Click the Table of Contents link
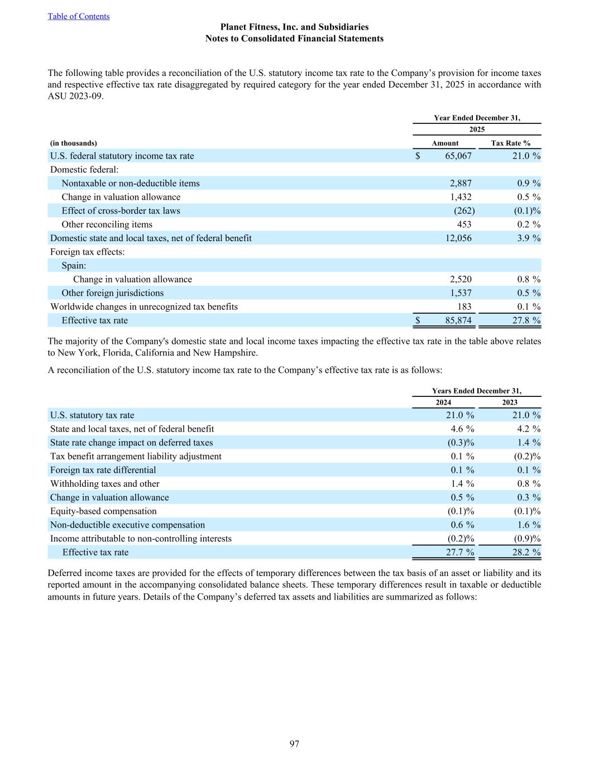[79, 16]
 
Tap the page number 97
[294, 744]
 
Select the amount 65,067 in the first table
[458, 156]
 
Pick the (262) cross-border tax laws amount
[464, 210]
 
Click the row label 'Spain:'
[74, 265]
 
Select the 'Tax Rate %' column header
[510, 143]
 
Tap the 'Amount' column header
[445, 143]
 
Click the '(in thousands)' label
[73, 143]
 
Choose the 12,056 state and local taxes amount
[458, 238]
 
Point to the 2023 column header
[509, 402]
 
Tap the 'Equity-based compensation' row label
[103, 511]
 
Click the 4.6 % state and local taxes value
[462, 429]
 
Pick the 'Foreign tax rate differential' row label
[103, 470]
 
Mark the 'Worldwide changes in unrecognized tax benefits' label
[144, 306]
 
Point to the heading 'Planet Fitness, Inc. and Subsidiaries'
[294, 27]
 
